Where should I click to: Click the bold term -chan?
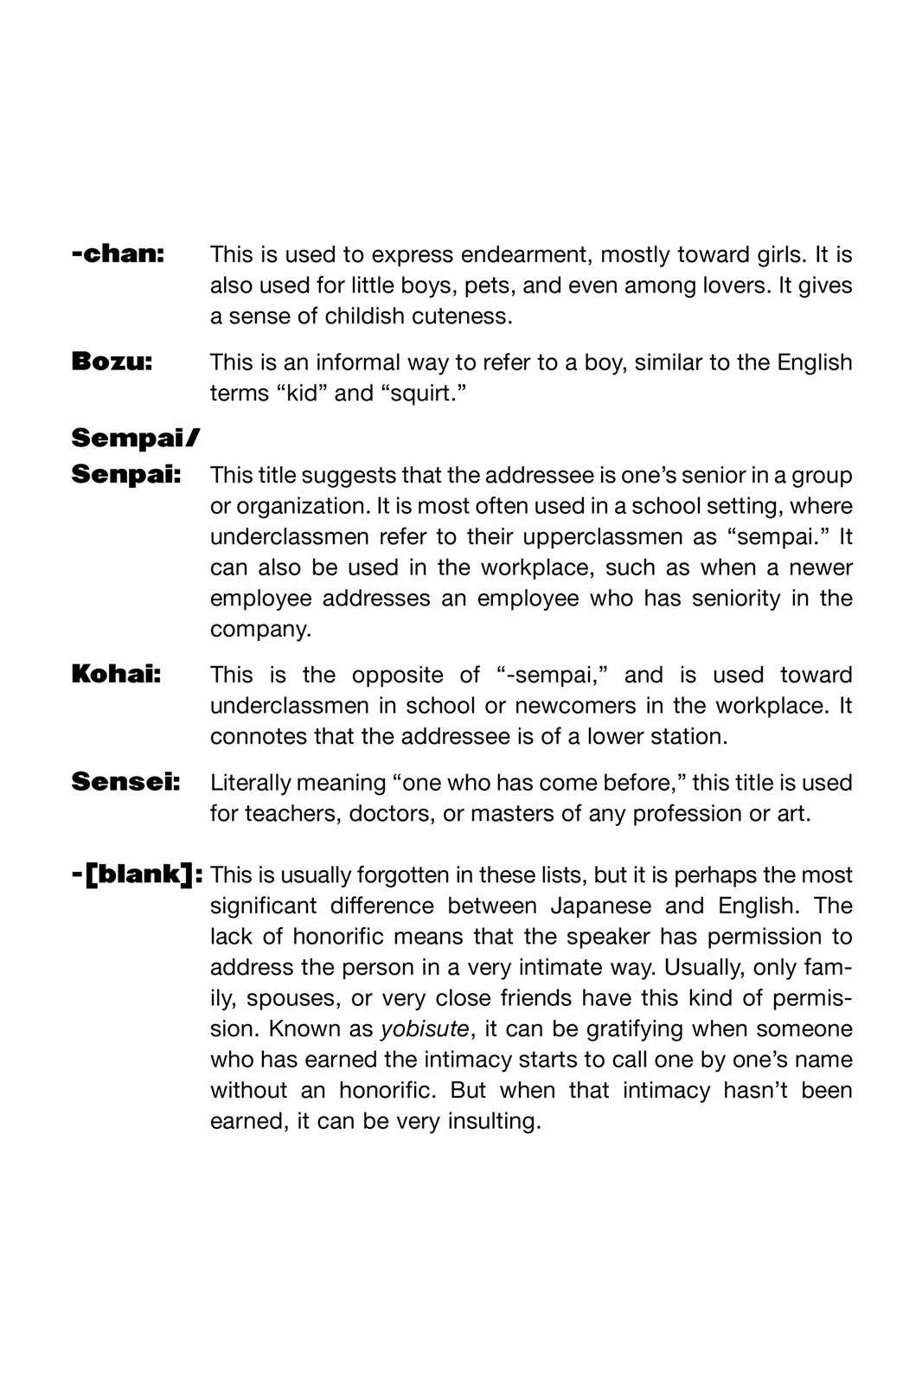pyautogui.click(x=118, y=254)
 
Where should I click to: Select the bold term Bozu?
pyautogui.click(x=112, y=362)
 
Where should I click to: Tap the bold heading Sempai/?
pyautogui.click(x=135, y=439)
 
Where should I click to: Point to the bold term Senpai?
pyautogui.click(x=126, y=474)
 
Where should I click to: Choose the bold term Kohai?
pyautogui.click(x=116, y=674)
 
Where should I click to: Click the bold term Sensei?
pyautogui.click(x=125, y=782)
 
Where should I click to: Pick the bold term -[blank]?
pyautogui.click(x=137, y=875)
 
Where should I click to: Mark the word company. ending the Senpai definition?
pyautogui.click(x=260, y=629)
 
